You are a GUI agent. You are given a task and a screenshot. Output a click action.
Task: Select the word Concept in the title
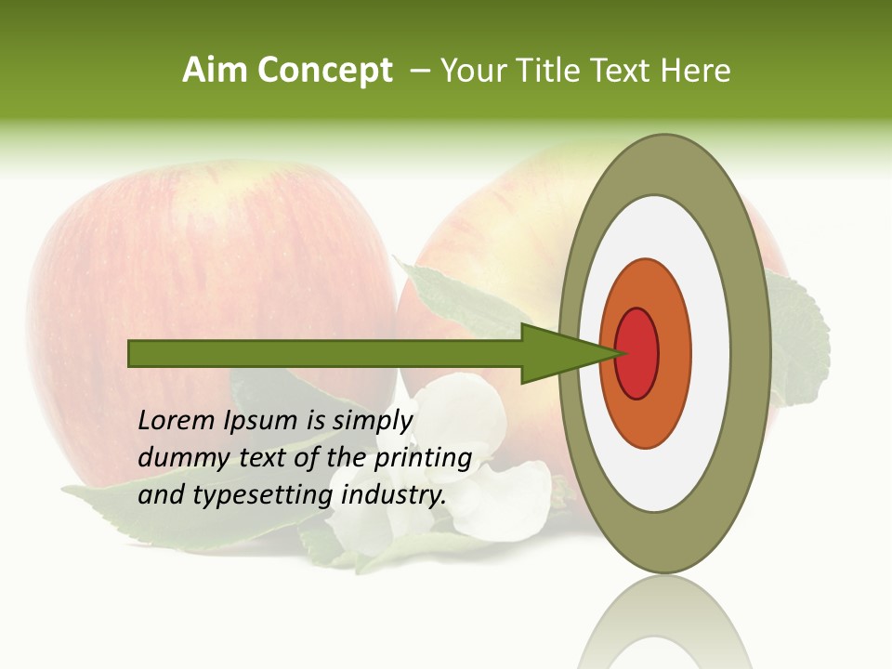(323, 71)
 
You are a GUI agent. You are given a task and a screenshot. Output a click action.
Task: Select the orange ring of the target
(673, 353)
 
